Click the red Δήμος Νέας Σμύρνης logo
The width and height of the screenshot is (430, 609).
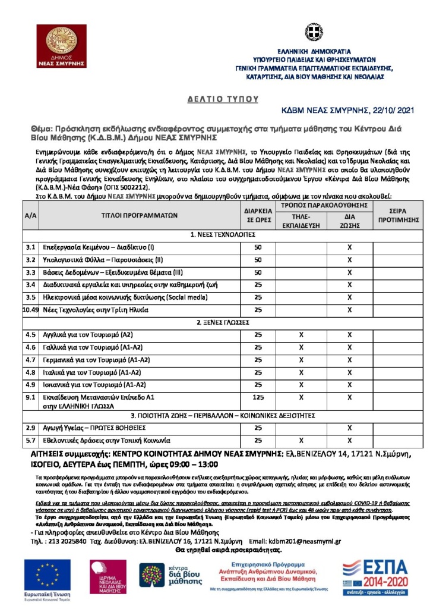point(61,46)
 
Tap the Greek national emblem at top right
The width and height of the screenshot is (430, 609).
point(314,33)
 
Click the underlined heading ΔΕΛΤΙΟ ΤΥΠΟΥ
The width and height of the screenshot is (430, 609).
point(214,99)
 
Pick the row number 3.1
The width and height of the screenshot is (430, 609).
point(31,246)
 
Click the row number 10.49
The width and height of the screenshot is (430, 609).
point(30,310)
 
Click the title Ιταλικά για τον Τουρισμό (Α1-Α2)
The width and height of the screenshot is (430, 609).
point(91,372)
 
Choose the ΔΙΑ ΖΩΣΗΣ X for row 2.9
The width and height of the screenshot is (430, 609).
point(350,428)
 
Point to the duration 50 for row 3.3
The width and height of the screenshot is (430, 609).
point(258,272)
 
